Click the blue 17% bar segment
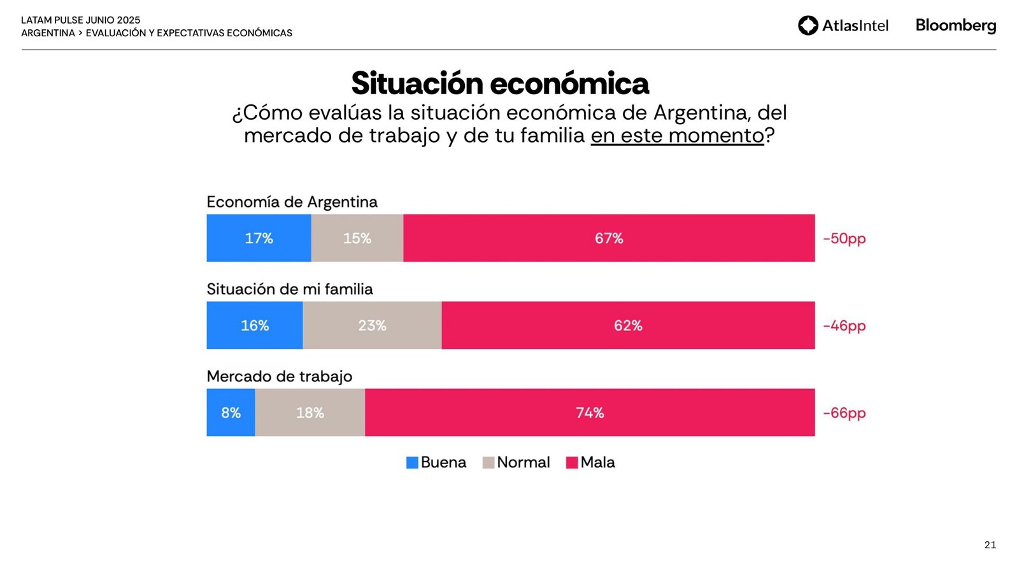click(259, 238)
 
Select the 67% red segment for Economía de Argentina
click(609, 238)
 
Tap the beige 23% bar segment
click(372, 325)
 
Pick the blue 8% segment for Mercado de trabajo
click(231, 413)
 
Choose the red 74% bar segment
click(590, 413)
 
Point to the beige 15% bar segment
click(357, 238)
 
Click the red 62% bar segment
click(628, 325)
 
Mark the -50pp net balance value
click(844, 239)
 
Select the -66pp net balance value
click(844, 413)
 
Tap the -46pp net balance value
click(844, 326)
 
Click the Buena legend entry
click(436, 462)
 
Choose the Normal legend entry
click(517, 462)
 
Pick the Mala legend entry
click(590, 462)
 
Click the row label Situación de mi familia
click(290, 289)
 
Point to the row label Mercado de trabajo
click(279, 376)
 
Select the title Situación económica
click(500, 83)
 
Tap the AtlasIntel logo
click(843, 25)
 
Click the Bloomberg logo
click(955, 25)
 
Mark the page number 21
click(990, 545)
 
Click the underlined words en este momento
click(677, 136)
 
